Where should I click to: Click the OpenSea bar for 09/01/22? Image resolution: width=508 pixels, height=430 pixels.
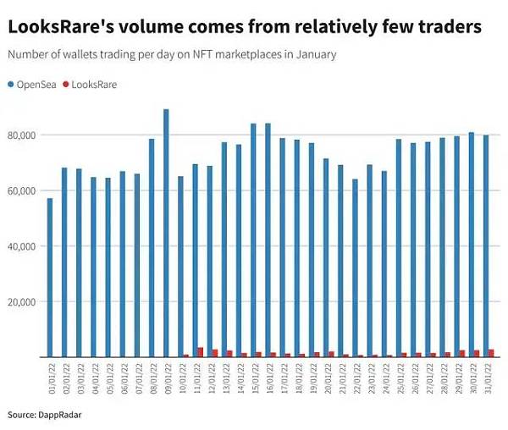point(166,233)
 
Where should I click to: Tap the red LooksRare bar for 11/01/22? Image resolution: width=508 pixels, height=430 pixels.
point(200,352)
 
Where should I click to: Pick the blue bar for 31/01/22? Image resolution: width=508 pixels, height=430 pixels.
point(485,245)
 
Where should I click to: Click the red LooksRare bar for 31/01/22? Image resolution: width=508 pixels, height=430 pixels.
point(491,353)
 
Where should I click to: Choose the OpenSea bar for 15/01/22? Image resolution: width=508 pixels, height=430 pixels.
point(252,240)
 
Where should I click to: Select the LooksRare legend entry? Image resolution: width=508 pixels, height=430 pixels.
point(92,85)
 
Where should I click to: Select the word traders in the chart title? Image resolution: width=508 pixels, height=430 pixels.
point(451,27)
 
